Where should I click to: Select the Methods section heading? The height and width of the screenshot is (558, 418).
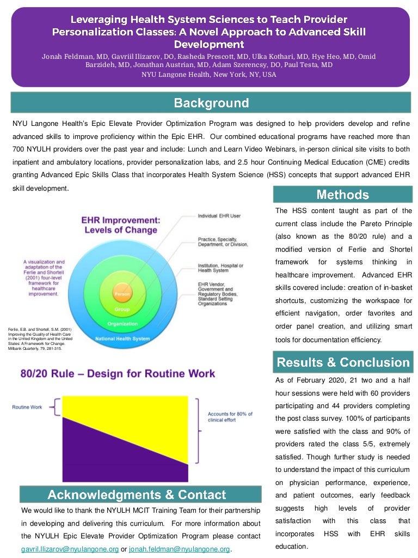(342, 195)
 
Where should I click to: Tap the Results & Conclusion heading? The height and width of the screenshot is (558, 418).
(343, 362)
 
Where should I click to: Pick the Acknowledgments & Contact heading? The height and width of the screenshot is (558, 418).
(137, 495)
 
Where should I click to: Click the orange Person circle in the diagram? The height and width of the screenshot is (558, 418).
(121, 294)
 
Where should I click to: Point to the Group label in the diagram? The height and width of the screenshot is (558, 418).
(121, 309)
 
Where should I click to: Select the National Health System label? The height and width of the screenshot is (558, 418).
(122, 338)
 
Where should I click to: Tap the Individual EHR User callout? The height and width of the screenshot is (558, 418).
(219, 216)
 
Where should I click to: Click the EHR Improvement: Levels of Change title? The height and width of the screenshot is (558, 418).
(121, 225)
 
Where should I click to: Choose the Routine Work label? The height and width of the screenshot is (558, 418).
(27, 407)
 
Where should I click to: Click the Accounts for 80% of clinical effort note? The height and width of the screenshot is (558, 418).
(230, 417)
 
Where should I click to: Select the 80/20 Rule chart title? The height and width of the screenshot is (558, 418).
(118, 374)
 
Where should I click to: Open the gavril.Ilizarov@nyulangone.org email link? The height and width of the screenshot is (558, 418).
(70, 549)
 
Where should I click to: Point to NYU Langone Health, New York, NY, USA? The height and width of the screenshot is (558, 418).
(209, 75)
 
